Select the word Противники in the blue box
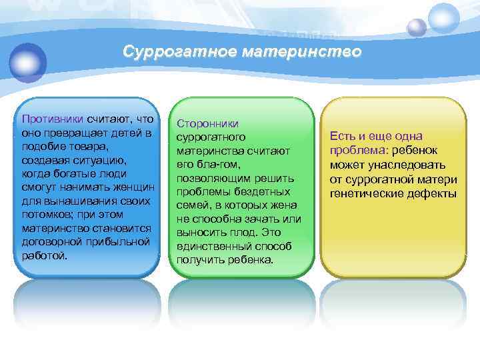[x=52, y=119]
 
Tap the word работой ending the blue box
[x=44, y=255]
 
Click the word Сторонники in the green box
[x=207, y=123]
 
